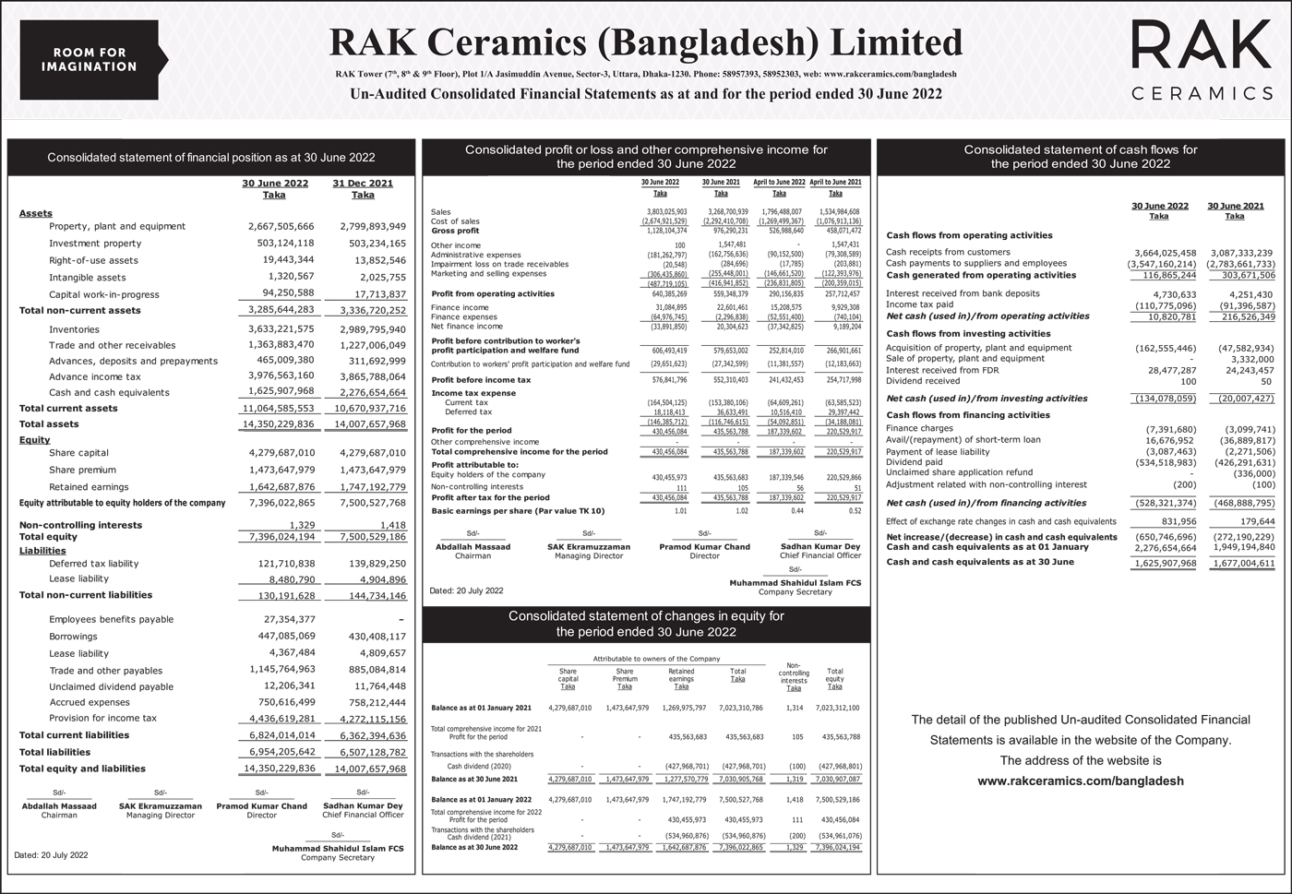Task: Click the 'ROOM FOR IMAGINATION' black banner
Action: [90, 59]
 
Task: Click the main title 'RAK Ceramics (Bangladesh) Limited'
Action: [646, 42]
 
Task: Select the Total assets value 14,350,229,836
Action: [281, 424]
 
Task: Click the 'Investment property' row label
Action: [95, 244]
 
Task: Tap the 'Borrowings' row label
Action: [73, 637]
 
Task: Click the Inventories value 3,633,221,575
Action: [281, 329]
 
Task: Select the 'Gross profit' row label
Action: [455, 231]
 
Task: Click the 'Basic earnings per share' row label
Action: [518, 510]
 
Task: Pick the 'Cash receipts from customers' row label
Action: [948, 252]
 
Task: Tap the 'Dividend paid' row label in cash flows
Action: [914, 462]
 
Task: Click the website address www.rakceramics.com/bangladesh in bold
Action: [1080, 781]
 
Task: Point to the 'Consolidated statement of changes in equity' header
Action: [646, 624]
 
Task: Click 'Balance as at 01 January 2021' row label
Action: [481, 708]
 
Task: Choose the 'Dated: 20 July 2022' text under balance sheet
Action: [52, 855]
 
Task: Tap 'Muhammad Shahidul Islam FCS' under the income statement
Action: [795, 583]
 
